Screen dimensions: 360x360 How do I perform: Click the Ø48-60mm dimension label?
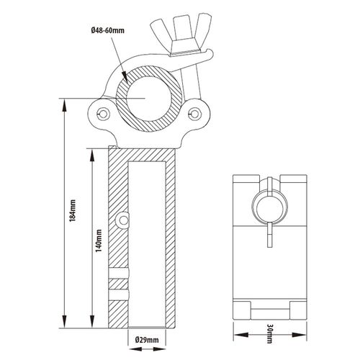[108, 30]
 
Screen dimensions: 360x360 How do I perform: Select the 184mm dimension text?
[72, 210]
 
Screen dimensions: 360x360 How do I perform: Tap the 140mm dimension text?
[99, 240]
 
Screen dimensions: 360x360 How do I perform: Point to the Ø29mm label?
[147, 340]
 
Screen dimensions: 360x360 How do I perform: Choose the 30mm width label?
[269, 334]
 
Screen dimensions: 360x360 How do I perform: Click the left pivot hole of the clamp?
[104, 113]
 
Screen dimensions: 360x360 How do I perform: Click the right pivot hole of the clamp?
[194, 113]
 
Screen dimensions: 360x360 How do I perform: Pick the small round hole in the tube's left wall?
[123, 220]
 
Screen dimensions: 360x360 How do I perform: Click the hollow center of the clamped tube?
[148, 99]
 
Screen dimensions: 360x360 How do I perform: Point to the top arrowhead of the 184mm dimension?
[64, 105]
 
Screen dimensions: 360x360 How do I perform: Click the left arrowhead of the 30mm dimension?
[240, 335]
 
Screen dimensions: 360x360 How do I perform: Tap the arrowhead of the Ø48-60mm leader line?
[125, 77]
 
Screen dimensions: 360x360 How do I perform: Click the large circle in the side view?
[270, 206]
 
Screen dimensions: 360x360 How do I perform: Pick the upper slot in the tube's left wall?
[119, 273]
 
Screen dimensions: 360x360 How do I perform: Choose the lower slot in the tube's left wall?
[119, 294]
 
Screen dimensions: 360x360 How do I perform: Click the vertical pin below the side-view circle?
[270, 234]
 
